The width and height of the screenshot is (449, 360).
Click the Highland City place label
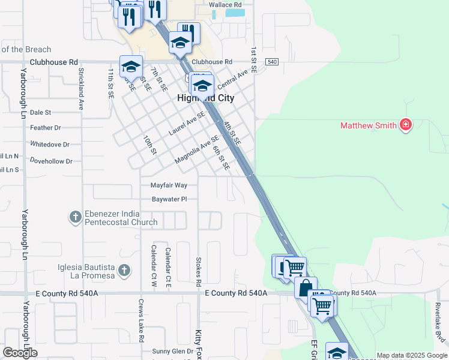(205, 98)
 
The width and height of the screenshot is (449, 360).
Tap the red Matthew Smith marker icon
(406, 125)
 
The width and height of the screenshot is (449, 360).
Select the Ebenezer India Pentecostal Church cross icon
(75, 217)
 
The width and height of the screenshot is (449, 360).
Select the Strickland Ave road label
(80, 88)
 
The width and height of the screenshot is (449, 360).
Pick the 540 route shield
(272, 62)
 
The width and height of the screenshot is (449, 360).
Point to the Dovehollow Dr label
(51, 161)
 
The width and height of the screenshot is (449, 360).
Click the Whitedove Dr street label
(50, 145)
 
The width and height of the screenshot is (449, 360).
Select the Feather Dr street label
(46, 128)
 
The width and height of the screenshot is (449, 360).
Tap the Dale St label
(40, 112)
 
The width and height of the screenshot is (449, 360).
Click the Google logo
(20, 353)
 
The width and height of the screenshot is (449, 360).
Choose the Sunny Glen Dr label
(172, 351)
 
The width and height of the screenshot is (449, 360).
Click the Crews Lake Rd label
(141, 321)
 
